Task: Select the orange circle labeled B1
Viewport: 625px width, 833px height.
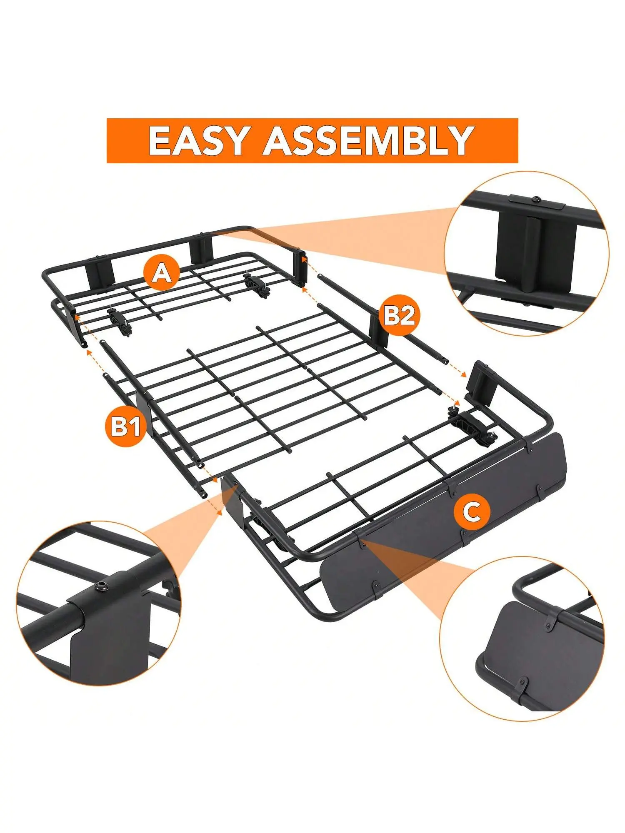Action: click(124, 427)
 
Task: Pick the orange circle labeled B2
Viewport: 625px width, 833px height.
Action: click(399, 315)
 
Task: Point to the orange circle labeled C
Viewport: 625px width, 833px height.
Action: click(472, 511)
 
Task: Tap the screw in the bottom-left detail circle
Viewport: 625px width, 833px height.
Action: click(101, 587)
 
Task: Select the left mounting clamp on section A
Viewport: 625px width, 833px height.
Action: click(120, 321)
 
